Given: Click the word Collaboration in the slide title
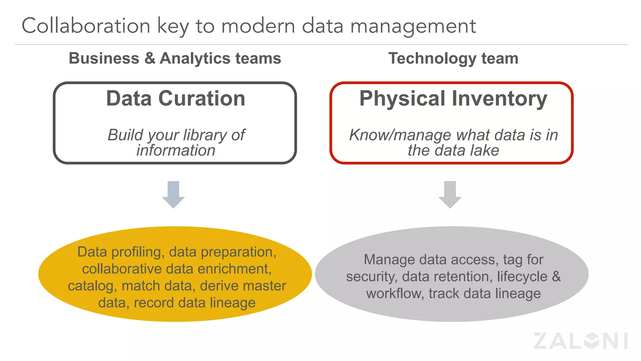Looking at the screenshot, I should (x=86, y=26).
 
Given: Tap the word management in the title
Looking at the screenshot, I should (x=413, y=26).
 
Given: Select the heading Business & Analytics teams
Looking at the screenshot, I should (x=175, y=58).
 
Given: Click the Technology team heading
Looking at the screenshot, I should (x=453, y=58).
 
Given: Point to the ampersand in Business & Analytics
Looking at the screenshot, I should (x=150, y=58).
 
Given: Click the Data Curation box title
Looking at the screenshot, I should (x=176, y=98).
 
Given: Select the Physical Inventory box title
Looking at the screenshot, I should (x=453, y=98).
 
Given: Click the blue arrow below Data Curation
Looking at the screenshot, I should (x=173, y=194).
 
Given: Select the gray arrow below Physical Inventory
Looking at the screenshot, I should (x=450, y=194).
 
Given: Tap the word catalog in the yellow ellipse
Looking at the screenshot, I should (x=91, y=286).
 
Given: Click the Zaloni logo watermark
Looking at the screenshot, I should (x=581, y=341).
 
